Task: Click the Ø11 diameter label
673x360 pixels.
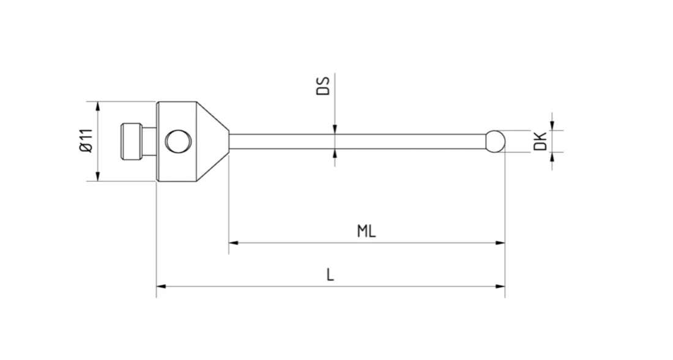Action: click(85, 141)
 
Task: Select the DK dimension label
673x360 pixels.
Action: click(540, 141)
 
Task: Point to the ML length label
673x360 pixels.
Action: click(366, 231)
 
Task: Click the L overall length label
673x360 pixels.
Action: click(330, 275)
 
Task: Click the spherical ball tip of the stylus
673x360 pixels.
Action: click(496, 141)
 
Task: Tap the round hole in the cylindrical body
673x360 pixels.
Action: click(177, 141)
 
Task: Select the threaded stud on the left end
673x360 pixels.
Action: click(131, 141)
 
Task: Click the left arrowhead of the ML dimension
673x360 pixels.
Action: click(233, 243)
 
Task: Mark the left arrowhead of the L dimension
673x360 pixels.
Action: click(161, 286)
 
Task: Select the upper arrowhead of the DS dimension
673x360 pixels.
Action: click(335, 129)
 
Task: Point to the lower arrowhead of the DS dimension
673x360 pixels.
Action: click(335, 153)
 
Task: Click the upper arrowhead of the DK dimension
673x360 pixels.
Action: click(552, 126)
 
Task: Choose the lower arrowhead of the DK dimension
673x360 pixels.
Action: click(552, 156)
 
